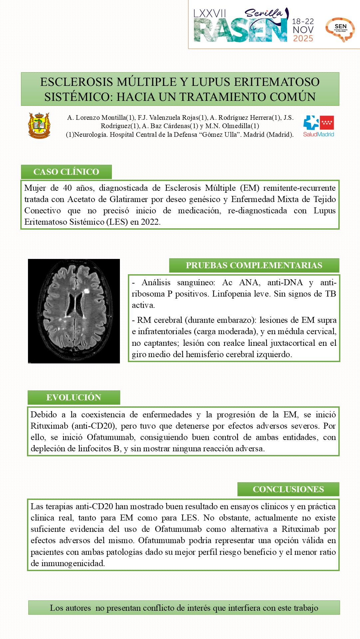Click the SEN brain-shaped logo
coord(340,29)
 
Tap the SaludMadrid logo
coord(318,126)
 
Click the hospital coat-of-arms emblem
coord(39,125)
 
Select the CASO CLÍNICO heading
coord(66,172)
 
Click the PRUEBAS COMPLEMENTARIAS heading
coord(254,265)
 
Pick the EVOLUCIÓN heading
coord(74,397)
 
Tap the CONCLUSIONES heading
coord(288,489)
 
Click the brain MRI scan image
coord(74,311)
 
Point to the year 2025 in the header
coord(303,39)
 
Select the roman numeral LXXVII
coord(209,14)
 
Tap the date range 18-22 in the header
coord(303,22)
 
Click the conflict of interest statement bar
coord(184,608)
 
